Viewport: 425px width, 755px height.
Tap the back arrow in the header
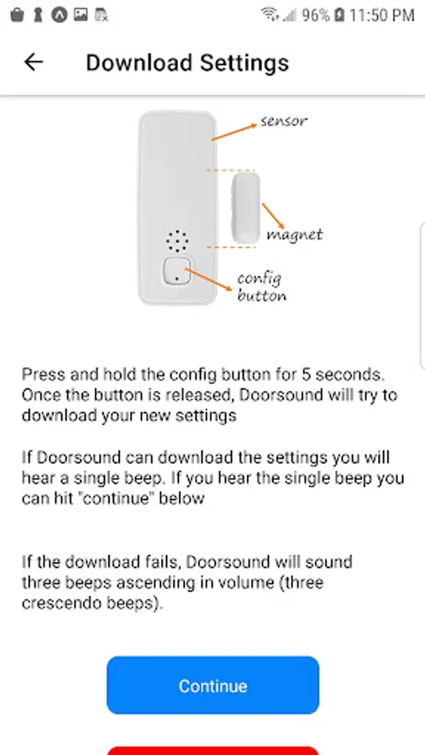point(34,63)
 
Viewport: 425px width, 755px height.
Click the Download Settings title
point(187,63)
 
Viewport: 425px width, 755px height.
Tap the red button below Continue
point(212,751)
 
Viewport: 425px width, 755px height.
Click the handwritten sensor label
point(283,120)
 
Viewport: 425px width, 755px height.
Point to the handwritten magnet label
point(295,235)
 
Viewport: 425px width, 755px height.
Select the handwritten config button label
point(261,287)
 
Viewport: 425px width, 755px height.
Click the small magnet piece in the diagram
point(246,208)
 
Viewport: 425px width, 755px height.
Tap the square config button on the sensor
point(177,271)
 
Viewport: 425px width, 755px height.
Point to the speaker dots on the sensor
point(177,241)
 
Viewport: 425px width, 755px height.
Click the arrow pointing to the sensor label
point(234,132)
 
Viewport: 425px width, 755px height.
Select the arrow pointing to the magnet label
point(273,216)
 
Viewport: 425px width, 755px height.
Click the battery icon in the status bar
point(339,15)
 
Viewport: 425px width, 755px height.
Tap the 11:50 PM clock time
point(381,15)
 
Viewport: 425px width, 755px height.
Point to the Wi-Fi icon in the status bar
point(270,14)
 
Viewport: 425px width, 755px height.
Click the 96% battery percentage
point(316,15)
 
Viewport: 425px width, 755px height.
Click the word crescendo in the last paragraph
point(55,603)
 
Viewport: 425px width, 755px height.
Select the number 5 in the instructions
point(307,374)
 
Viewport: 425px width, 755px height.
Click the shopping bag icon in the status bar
point(17,15)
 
